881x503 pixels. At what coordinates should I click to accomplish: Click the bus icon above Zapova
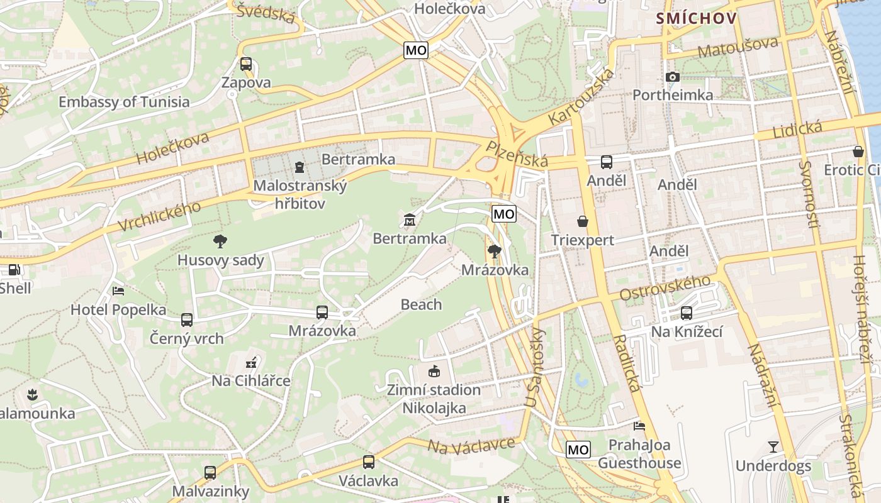click(245, 64)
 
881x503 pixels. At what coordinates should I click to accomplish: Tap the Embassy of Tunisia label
click(124, 102)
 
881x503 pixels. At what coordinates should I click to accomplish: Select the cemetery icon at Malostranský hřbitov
click(299, 167)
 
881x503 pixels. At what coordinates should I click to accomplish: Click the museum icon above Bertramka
click(410, 220)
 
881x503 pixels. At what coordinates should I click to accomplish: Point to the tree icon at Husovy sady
click(220, 241)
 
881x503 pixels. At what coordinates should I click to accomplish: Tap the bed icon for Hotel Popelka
click(118, 290)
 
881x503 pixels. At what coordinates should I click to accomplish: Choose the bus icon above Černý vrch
click(187, 319)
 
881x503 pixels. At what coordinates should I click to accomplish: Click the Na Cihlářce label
click(251, 381)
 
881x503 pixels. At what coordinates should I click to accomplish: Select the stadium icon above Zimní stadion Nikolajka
click(434, 371)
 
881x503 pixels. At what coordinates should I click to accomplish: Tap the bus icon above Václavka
click(369, 462)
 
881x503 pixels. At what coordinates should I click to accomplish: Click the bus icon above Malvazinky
click(210, 472)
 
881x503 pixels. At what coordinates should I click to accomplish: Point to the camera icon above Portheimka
click(673, 77)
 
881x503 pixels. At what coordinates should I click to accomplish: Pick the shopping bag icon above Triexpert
click(583, 221)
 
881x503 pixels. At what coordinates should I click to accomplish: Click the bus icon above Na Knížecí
click(687, 312)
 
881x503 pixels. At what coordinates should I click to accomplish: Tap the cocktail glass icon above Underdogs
click(773, 447)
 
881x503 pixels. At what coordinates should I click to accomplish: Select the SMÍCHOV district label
click(696, 18)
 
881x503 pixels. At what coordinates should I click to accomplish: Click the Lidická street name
click(797, 130)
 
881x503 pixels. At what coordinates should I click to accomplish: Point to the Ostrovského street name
click(665, 287)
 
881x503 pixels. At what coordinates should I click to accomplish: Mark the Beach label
click(421, 305)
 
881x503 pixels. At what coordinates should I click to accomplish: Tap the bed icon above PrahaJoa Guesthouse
click(639, 426)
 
